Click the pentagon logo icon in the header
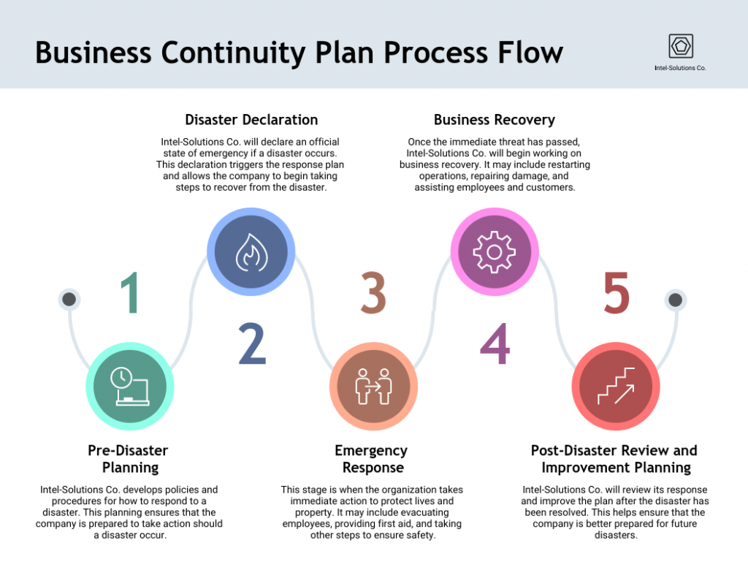click(681, 46)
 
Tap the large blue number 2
click(252, 343)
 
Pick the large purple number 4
click(495, 343)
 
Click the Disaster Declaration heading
click(251, 120)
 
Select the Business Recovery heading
click(495, 120)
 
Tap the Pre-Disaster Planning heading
click(129, 458)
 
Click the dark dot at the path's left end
click(69, 299)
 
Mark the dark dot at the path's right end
click(676, 299)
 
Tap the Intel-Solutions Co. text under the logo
click(680, 68)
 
